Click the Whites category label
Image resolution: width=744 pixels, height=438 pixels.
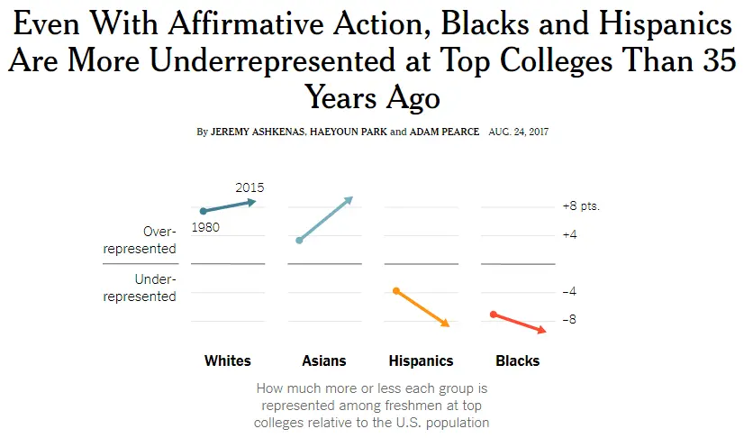click(228, 361)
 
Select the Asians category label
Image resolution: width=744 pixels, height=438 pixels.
click(324, 361)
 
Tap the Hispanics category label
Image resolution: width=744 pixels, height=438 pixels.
click(421, 361)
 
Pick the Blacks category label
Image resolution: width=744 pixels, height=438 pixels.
click(518, 361)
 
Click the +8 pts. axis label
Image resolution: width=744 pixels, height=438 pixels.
click(581, 206)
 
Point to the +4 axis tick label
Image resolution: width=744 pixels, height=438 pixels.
click(569, 234)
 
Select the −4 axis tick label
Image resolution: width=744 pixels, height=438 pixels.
click(569, 292)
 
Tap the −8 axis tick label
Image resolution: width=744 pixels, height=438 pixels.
click(569, 320)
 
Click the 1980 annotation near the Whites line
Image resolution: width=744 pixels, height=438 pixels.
click(206, 228)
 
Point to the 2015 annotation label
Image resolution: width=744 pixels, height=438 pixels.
click(250, 187)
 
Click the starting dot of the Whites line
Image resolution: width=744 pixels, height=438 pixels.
click(204, 211)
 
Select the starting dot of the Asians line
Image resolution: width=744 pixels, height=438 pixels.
click(299, 241)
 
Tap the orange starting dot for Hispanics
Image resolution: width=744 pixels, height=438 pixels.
click(396, 290)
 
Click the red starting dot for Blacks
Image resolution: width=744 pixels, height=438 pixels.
click(494, 314)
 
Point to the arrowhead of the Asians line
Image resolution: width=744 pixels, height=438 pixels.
click(349, 199)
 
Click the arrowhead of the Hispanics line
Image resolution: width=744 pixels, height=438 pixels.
click(445, 324)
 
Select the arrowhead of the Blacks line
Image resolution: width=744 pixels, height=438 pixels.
click(542, 331)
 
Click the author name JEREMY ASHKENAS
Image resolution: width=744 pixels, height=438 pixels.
click(255, 132)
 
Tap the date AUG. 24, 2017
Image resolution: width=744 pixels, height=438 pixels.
click(519, 132)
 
